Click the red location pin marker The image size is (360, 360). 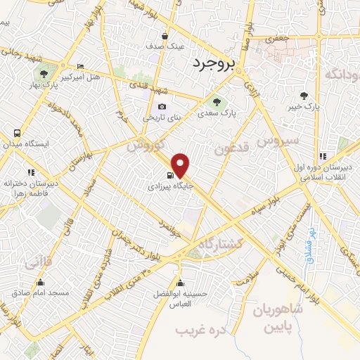[181, 165]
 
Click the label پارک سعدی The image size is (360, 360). [215, 112]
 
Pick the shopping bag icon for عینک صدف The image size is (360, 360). [165, 36]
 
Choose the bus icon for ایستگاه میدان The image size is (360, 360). [17, 133]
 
